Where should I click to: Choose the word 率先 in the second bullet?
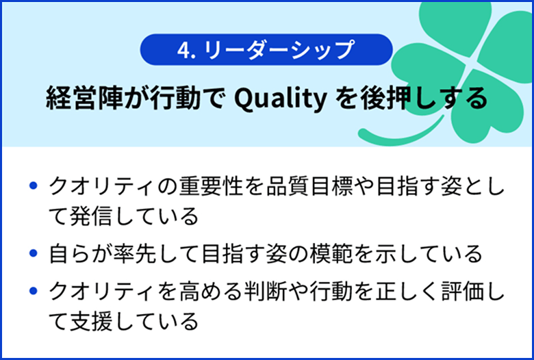130,254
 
